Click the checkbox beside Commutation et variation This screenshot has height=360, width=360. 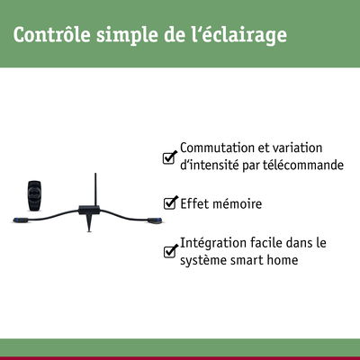(168, 157)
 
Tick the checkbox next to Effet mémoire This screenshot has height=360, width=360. (168, 203)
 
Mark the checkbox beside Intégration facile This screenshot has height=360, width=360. (168, 251)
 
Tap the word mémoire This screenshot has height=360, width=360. (237, 203)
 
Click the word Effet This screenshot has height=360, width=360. (194, 203)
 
